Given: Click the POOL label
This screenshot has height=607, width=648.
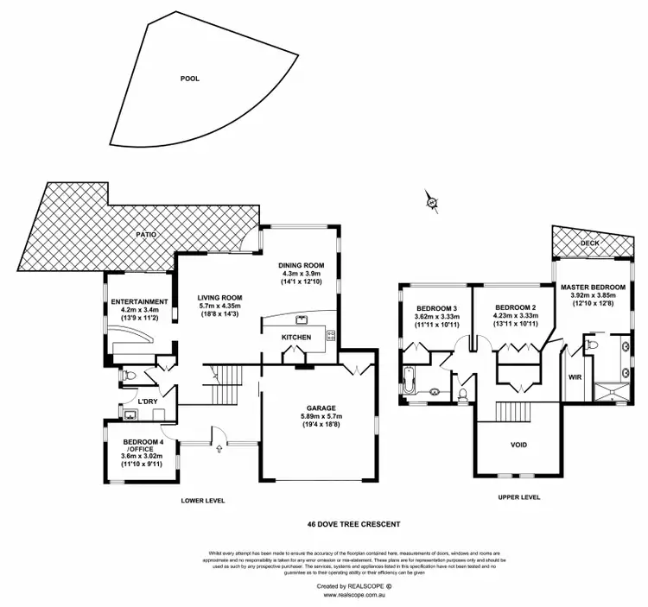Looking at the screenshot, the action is [189, 79].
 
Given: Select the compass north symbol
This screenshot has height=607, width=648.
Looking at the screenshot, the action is [433, 203].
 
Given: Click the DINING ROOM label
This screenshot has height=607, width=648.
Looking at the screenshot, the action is [301, 265].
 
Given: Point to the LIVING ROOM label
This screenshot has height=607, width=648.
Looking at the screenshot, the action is [218, 297].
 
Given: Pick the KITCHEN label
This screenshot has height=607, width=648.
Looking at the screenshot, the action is [296, 338].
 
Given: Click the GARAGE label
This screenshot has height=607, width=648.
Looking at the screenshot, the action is [321, 408].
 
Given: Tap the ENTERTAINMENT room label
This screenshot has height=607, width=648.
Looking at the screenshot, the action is [138, 301].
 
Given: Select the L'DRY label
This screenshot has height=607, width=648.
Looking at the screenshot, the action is [148, 402].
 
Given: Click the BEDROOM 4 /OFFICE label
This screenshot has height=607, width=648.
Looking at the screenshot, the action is [139, 446].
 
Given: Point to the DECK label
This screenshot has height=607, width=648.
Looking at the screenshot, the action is [589, 243].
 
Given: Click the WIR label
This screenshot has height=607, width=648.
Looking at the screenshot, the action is [575, 377].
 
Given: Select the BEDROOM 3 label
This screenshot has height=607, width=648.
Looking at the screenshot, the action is [437, 307].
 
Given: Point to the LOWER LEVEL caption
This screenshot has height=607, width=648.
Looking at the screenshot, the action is [203, 500].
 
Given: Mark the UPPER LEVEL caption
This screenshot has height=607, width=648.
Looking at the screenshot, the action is [519, 497].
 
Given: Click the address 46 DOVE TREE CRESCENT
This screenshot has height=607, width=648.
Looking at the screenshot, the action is [354, 523].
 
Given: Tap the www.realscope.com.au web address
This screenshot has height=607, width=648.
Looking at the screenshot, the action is [353, 594].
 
